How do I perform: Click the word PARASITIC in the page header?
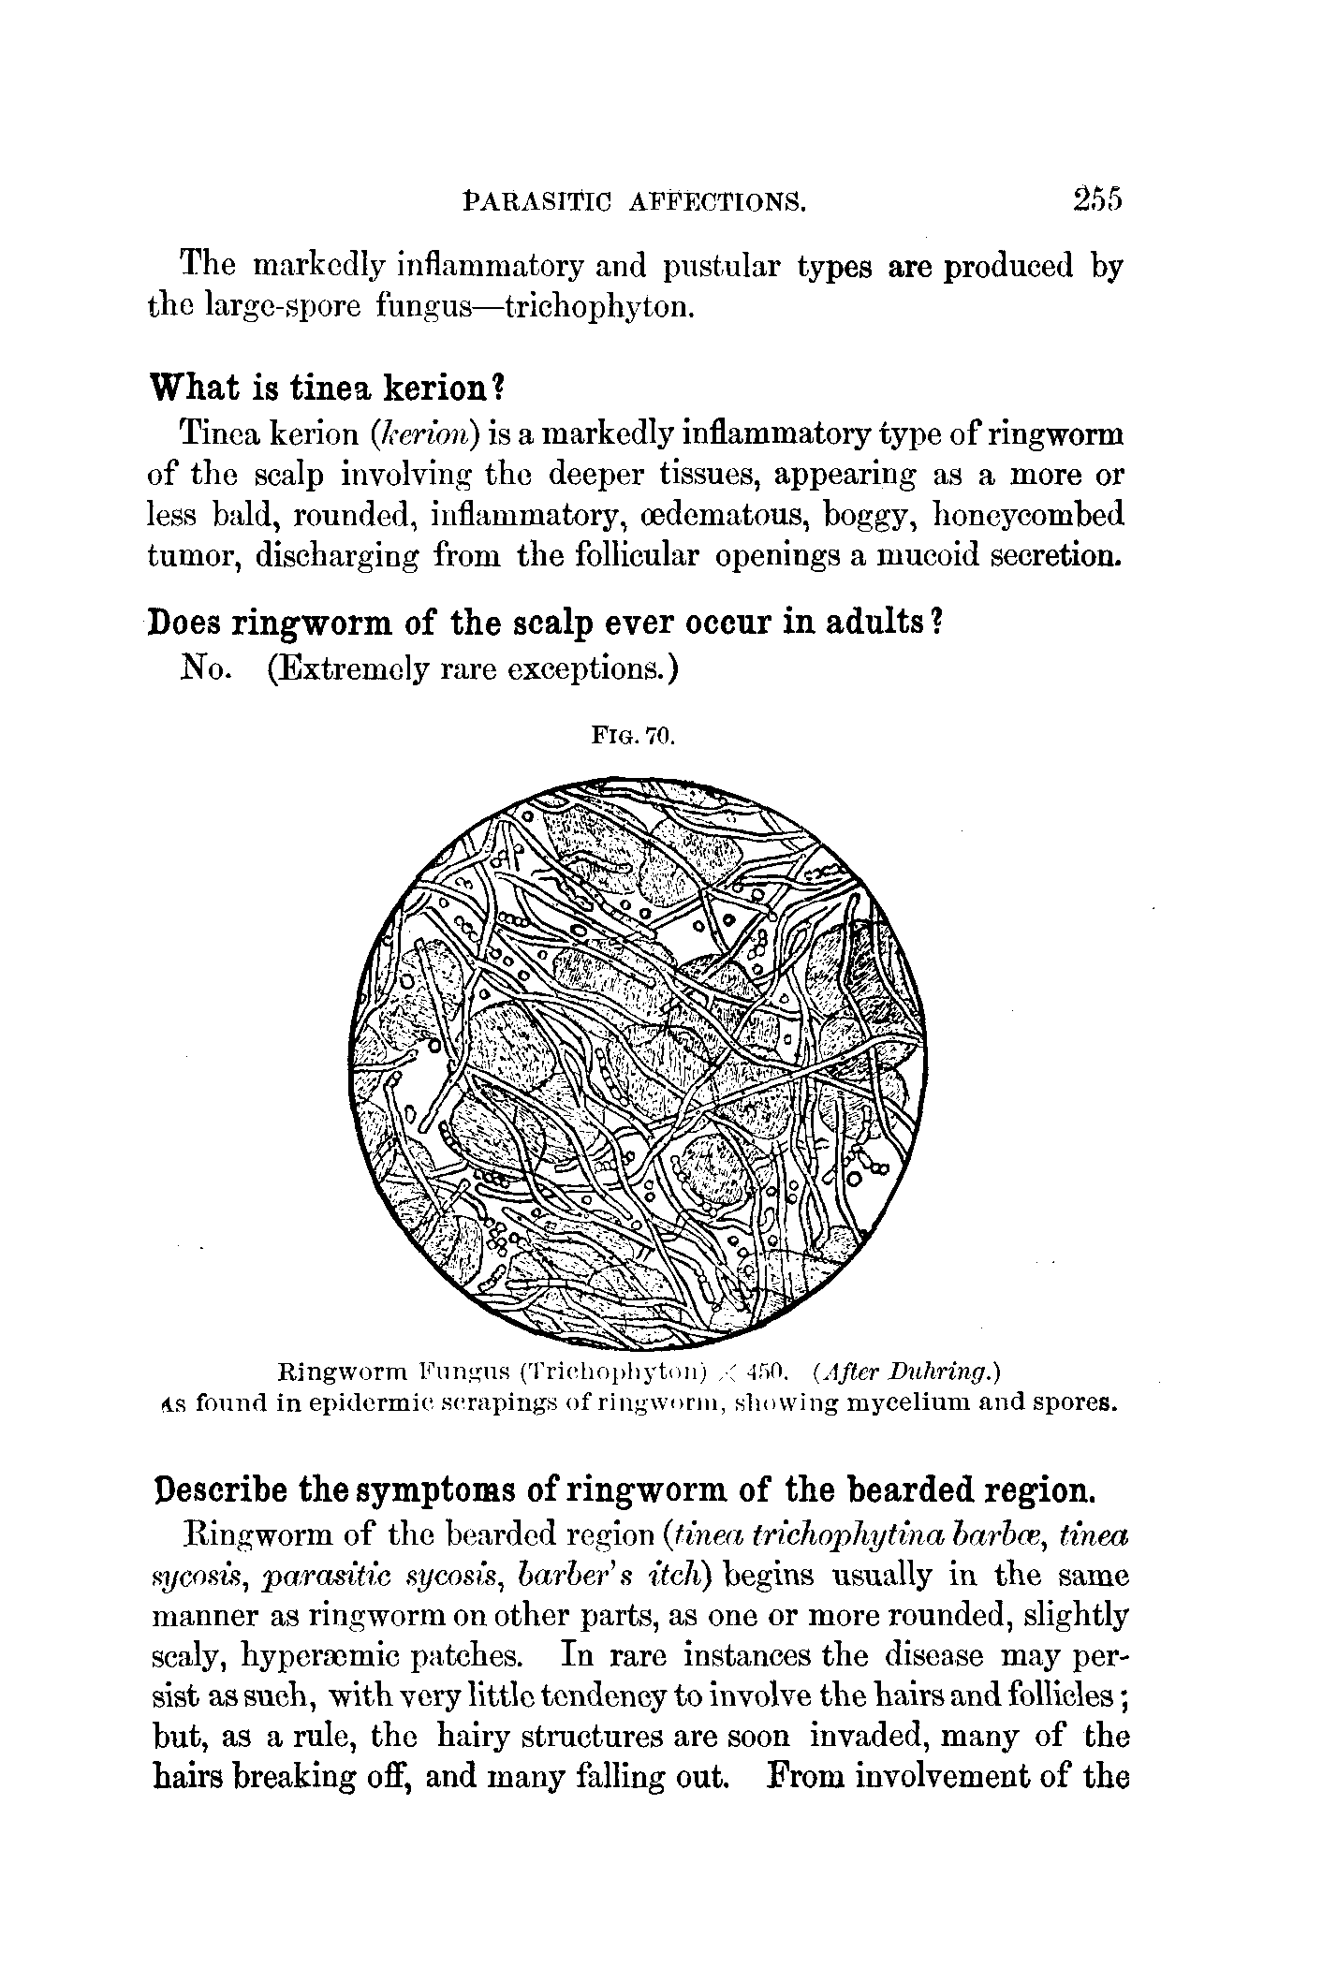[537, 201]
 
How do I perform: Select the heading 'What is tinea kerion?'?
[328, 387]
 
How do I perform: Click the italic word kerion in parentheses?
[427, 435]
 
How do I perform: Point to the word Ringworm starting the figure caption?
[333, 1373]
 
